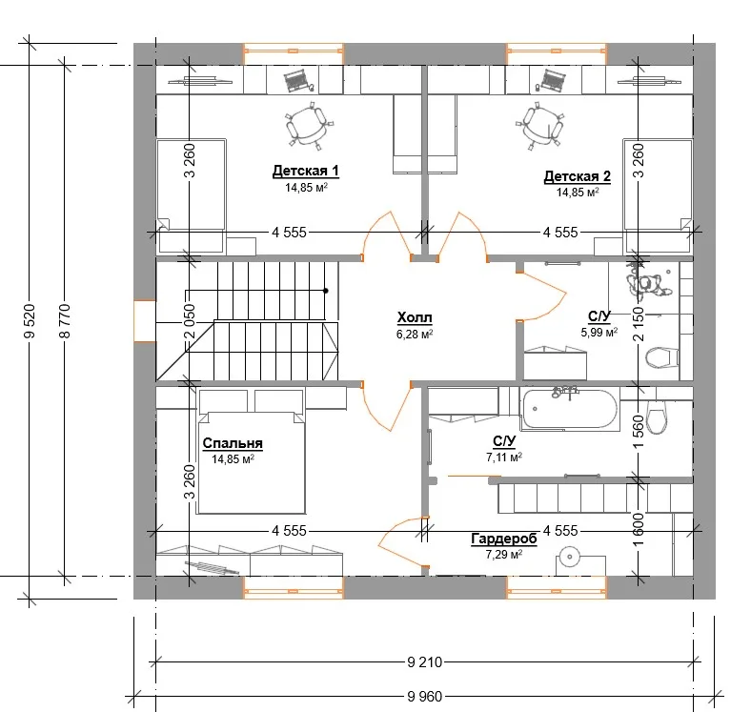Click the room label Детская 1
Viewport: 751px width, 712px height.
(x=306, y=171)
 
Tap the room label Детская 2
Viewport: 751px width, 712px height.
(x=578, y=176)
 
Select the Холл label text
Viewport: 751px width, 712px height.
(x=415, y=317)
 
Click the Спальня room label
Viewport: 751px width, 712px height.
(x=233, y=443)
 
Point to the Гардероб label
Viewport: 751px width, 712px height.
(x=504, y=539)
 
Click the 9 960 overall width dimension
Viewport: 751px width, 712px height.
(x=425, y=696)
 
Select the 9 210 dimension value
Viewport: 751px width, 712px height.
(x=425, y=662)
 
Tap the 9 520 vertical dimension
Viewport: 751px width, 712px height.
(x=30, y=320)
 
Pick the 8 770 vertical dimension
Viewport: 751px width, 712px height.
(x=65, y=320)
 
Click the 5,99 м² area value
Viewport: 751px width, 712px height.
(x=599, y=332)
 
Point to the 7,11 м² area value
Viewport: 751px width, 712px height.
(x=504, y=457)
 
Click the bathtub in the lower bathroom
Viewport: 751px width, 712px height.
(x=570, y=409)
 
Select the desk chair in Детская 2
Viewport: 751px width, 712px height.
(x=540, y=126)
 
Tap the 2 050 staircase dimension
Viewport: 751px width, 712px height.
(x=191, y=321)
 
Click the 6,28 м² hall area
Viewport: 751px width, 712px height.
(x=415, y=334)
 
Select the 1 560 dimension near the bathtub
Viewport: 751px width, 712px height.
(x=639, y=433)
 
